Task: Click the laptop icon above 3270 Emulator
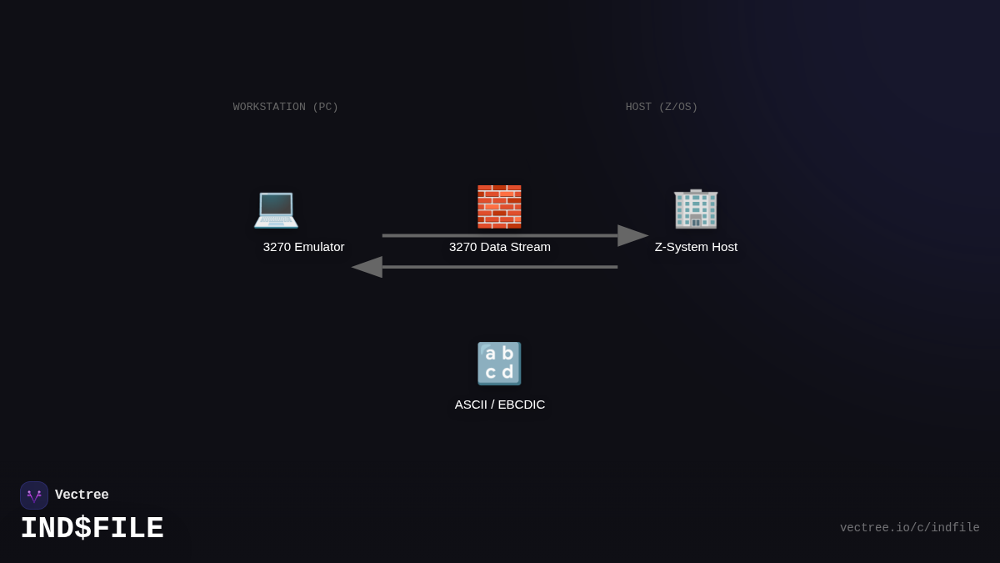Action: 276,208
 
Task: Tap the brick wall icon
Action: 499,207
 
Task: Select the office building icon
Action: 696,208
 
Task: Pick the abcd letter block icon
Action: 499,364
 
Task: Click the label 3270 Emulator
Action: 303,247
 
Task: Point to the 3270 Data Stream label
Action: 500,247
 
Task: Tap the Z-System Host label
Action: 696,247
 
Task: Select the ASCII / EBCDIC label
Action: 500,405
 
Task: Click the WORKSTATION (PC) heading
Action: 286,107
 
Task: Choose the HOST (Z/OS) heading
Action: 662,107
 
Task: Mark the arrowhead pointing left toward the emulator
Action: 367,267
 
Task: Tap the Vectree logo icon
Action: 34,495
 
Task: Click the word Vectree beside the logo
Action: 82,495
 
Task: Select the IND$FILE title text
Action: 92,529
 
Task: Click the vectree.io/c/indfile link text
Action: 909,528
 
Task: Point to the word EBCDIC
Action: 521,405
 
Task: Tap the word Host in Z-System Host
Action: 722,247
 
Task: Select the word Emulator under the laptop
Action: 319,247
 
